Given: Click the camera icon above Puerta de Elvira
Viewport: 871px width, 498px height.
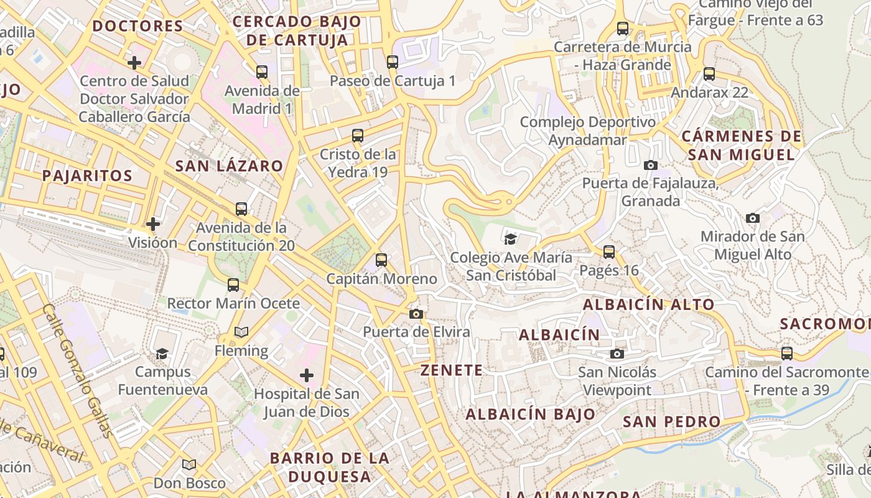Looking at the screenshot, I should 416,314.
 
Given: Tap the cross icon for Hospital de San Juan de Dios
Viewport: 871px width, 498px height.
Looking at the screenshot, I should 307,375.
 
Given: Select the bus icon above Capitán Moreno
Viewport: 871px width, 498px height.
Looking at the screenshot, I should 381,260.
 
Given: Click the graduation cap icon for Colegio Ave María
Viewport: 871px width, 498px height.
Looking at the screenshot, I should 511,238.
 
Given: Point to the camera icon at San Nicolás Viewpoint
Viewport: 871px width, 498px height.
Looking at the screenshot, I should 617,354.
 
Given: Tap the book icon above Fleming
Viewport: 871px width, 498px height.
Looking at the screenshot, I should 241,332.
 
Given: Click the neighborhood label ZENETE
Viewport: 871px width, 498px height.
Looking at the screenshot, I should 452,370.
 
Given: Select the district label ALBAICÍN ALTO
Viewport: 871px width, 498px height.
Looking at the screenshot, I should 648,304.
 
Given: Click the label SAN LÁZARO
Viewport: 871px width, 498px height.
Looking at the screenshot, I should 229,166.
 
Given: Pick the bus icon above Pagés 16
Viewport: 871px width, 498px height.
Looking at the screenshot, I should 609,252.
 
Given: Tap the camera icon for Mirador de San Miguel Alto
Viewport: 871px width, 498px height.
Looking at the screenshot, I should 753,218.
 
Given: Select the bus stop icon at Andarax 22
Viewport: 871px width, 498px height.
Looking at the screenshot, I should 709,74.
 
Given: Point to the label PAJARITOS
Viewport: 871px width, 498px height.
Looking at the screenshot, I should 87,176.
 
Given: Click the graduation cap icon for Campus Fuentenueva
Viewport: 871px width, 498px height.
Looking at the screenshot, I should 162,354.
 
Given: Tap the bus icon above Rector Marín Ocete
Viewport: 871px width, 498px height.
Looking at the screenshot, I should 233,285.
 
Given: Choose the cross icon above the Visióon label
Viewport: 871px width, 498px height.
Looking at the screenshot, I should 153,223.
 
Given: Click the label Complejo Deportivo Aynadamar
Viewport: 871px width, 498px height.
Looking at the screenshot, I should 587,131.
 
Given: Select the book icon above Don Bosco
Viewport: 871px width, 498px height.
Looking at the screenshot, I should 189,464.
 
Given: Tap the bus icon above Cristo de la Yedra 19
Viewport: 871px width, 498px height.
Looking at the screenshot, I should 358,135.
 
